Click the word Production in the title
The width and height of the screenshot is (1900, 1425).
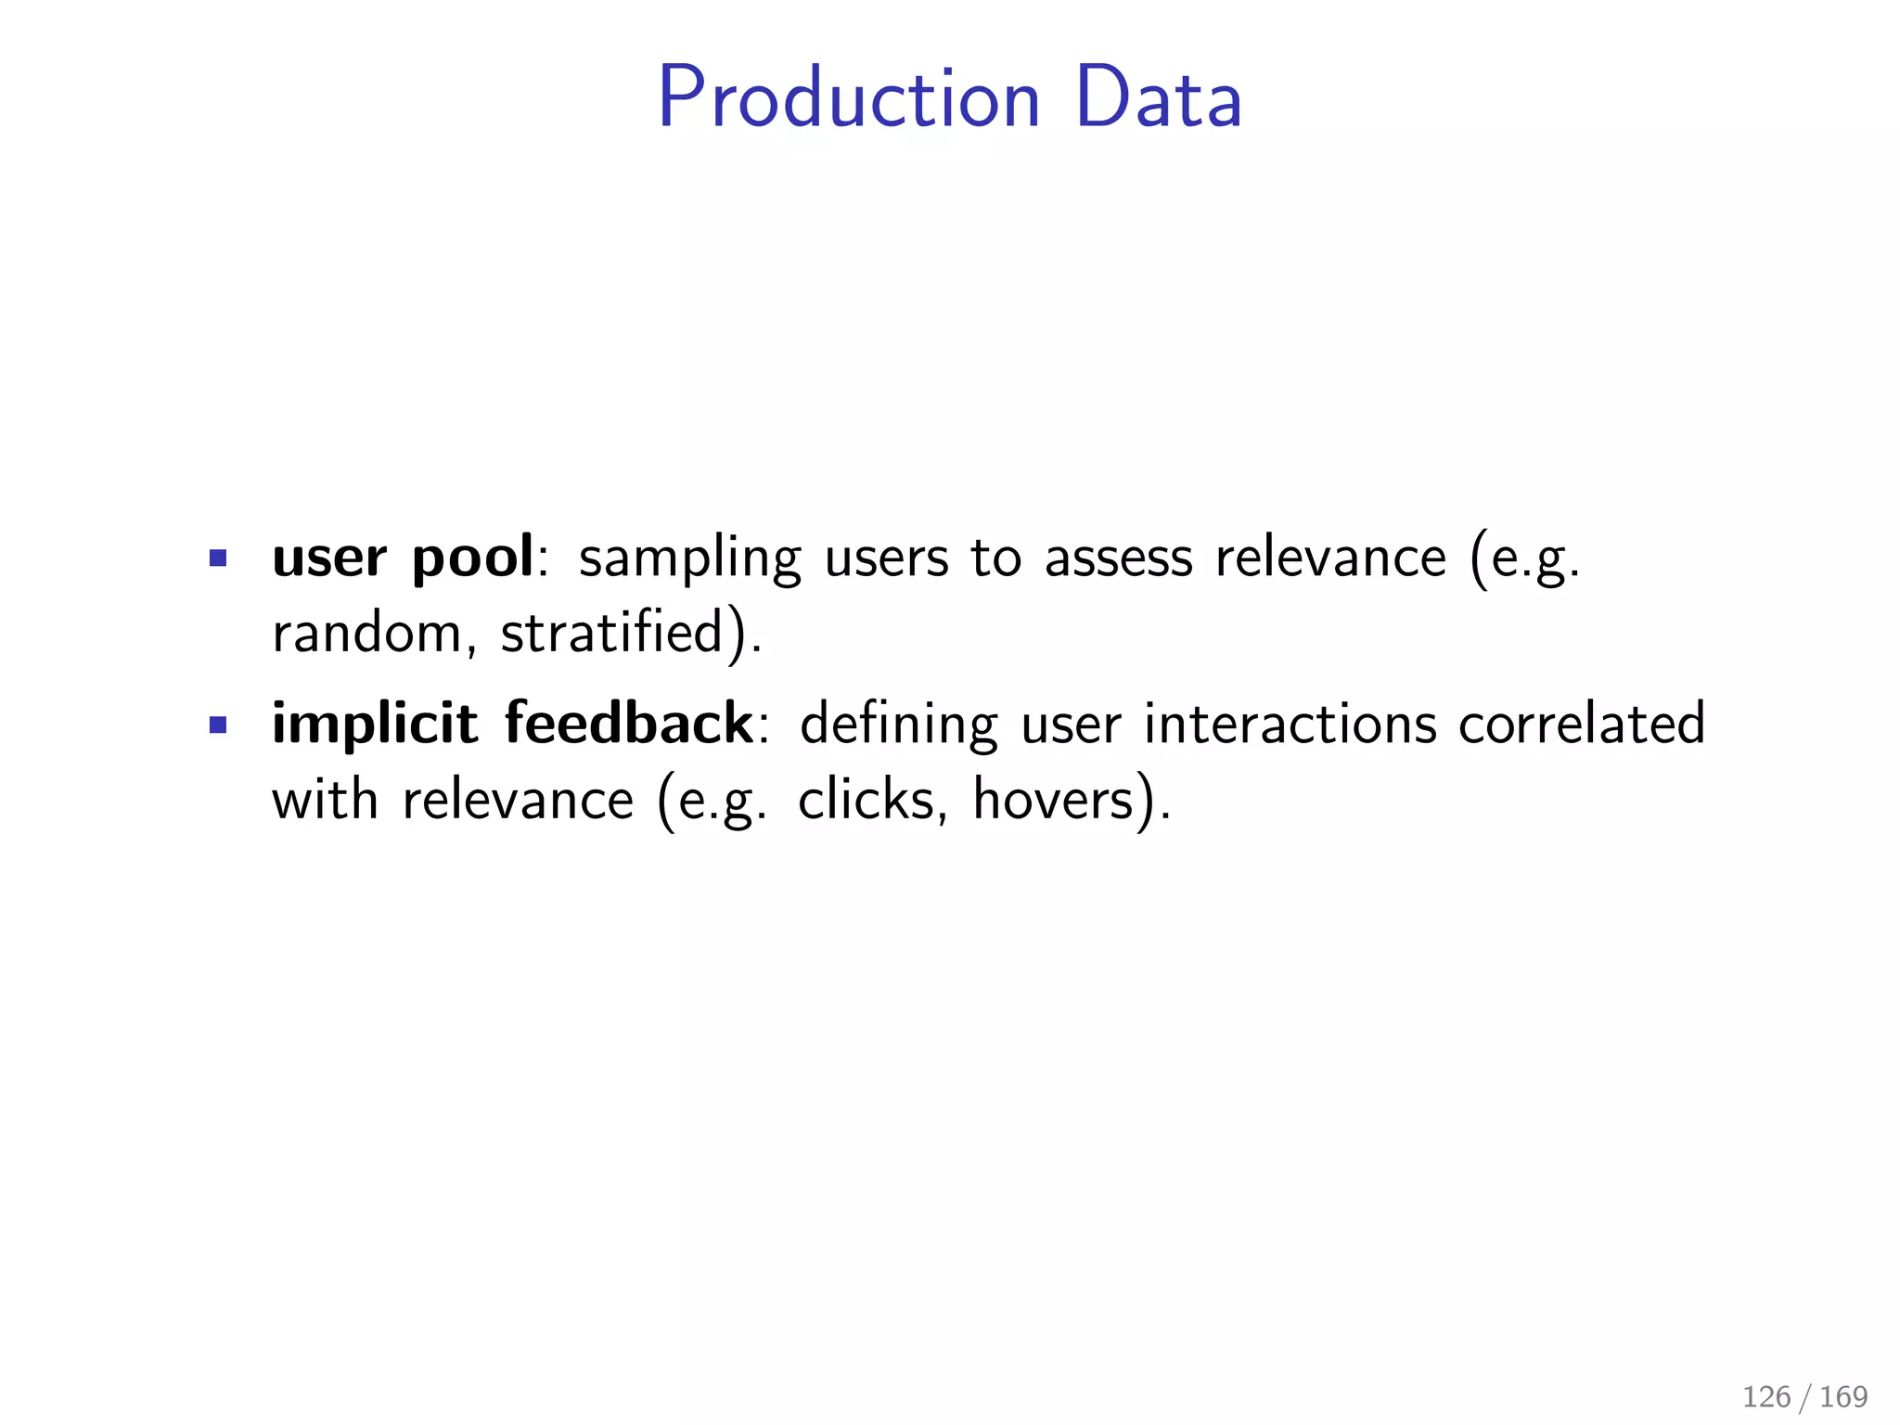pyautogui.click(x=849, y=98)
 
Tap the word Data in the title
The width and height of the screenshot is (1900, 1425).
pyautogui.click(x=1158, y=98)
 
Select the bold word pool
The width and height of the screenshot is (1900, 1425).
pyautogui.click(x=472, y=558)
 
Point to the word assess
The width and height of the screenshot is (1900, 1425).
pyautogui.click(x=1119, y=558)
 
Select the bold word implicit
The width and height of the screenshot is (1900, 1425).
pyautogui.click(x=375, y=725)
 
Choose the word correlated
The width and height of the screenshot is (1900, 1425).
pyautogui.click(x=1582, y=725)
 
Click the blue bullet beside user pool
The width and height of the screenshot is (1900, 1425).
pyautogui.click(x=218, y=558)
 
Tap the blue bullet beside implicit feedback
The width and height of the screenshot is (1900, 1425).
pyautogui.click(x=218, y=725)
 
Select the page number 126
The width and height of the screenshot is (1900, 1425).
pyautogui.click(x=1766, y=1397)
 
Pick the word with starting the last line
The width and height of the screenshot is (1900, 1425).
pyautogui.click(x=325, y=799)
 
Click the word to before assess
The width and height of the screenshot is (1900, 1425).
pyautogui.click(x=996, y=558)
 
